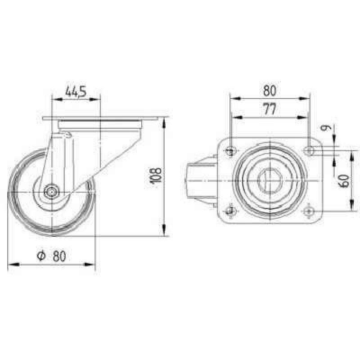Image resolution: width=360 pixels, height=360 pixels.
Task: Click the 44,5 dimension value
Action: click(76, 91)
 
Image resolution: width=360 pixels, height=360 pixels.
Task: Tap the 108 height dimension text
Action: click(156, 176)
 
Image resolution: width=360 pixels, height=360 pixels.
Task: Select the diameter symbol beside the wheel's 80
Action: click(41, 256)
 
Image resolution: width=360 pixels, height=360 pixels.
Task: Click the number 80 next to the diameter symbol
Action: click(59, 256)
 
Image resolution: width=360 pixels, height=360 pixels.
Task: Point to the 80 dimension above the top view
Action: click(270, 90)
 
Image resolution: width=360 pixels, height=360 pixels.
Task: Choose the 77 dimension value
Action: click(270, 109)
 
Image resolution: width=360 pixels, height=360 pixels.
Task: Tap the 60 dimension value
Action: click(344, 181)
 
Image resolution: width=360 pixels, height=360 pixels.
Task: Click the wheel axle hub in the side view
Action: click(52, 192)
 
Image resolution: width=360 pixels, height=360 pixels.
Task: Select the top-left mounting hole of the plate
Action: click(231, 151)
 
